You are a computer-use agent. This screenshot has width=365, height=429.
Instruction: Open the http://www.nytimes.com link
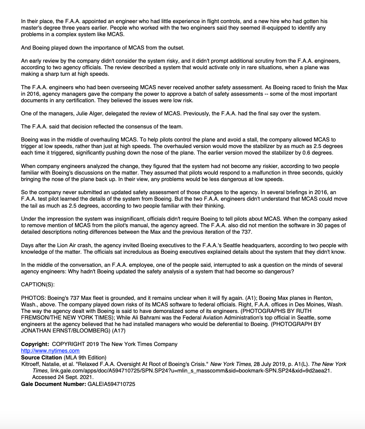(x=50, y=351)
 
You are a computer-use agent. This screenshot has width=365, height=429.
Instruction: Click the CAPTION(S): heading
(x=38, y=284)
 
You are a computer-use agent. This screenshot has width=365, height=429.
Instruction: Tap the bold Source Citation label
(x=41, y=357)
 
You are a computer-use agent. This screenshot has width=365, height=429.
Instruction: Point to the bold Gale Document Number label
(x=53, y=384)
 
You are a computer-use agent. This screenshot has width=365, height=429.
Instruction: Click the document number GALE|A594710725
(x=111, y=384)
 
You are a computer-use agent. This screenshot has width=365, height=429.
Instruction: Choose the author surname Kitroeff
(x=31, y=364)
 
